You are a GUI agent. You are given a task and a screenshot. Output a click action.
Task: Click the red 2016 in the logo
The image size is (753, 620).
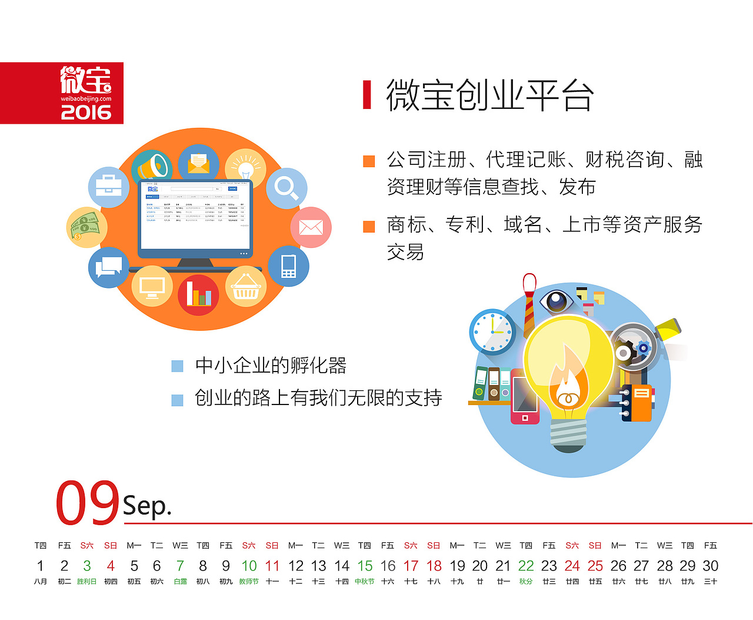pyautogui.click(x=86, y=112)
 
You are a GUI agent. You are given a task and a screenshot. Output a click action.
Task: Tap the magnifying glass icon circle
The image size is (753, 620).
pyautogui.click(x=286, y=188)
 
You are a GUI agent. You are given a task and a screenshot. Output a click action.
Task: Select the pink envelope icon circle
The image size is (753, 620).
pyautogui.click(x=311, y=227)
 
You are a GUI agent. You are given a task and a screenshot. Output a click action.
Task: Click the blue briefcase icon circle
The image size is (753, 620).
pyautogui.click(x=109, y=187)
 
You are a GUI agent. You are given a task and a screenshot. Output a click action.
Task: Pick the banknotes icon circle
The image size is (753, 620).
pyautogui.click(x=86, y=227)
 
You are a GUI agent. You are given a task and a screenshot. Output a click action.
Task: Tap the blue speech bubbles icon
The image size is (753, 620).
pyautogui.click(x=108, y=267)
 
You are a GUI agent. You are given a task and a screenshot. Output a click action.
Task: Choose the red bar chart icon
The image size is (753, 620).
pyautogui.click(x=199, y=294)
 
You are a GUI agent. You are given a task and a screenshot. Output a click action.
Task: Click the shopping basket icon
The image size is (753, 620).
pyautogui.click(x=246, y=287)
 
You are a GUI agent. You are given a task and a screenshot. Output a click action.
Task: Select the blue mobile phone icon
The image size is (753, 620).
pyautogui.click(x=288, y=266)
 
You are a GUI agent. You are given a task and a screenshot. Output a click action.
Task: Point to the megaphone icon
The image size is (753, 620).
pyautogui.click(x=151, y=166)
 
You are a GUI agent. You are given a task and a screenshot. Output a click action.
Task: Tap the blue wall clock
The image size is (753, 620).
pyautogui.click(x=492, y=331)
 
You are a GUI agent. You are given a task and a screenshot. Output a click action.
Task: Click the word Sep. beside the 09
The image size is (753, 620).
pyautogui.click(x=147, y=506)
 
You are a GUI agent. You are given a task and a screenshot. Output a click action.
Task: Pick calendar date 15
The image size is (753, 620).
pyautogui.click(x=365, y=566)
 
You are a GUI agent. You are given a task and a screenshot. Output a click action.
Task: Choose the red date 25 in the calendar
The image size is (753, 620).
pyautogui.click(x=595, y=566)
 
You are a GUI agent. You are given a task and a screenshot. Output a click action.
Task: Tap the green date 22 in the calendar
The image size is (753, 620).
pyautogui.click(x=526, y=566)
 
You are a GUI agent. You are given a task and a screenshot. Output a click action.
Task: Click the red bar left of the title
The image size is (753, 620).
pyautogui.click(x=367, y=95)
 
